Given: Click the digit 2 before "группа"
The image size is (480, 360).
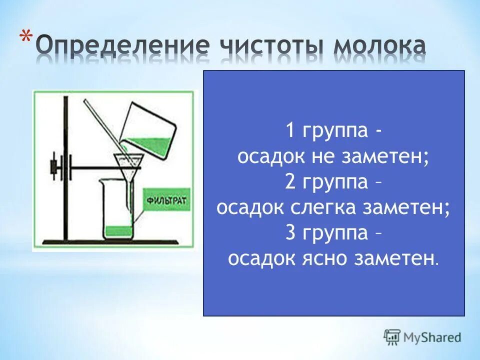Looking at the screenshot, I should (x=290, y=182).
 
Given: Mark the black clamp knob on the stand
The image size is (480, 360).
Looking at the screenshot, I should (x=52, y=167).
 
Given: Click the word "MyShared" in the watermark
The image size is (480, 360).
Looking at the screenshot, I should (x=432, y=337).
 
